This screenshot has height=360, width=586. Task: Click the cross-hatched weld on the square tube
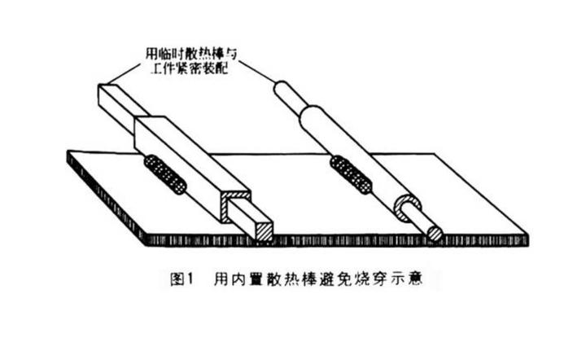pos(165,173)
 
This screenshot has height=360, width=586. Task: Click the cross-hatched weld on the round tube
pos(351,176)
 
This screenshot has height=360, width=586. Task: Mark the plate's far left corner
pos(68,153)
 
